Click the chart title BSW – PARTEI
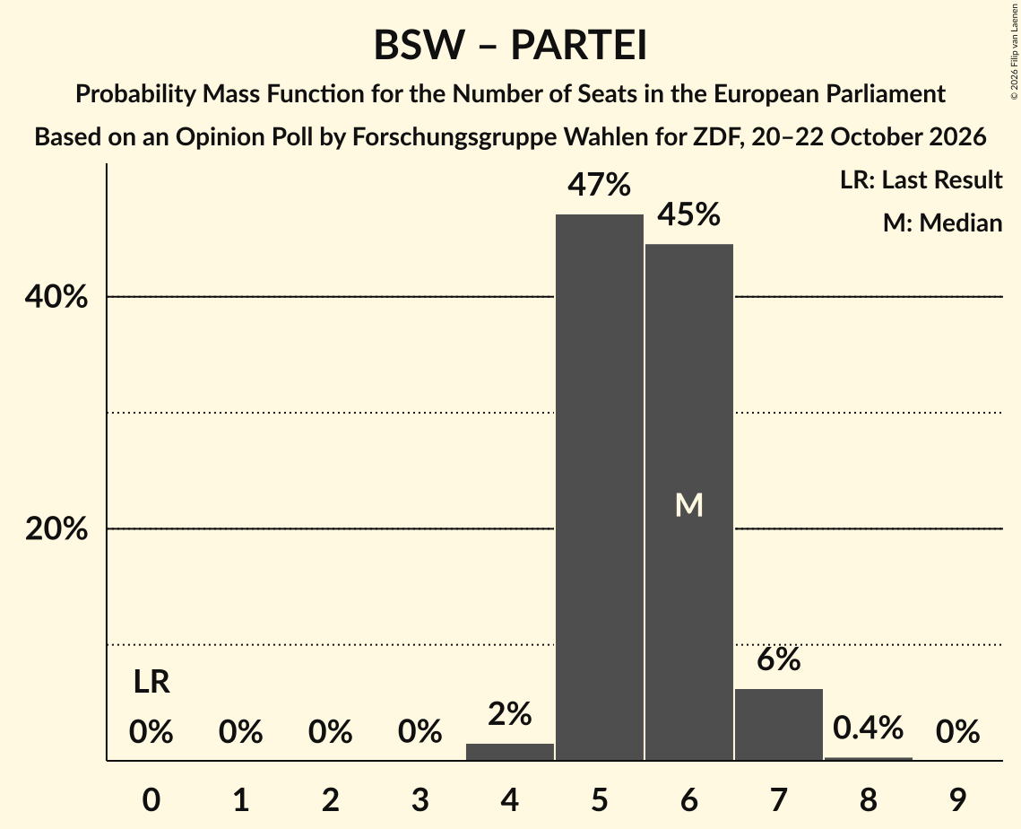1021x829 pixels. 510,45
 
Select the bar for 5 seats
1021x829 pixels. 599,487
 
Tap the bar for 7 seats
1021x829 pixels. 779,724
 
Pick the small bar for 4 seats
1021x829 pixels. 510,752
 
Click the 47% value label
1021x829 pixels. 599,185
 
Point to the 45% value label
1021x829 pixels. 689,214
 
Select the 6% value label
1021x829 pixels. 779,659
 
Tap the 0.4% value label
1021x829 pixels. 868,728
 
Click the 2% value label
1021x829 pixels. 510,713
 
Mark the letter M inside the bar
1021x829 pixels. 689,505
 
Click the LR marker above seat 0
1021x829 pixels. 151,682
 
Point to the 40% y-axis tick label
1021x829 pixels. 56,297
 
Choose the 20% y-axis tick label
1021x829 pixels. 56,528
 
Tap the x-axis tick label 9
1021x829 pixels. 957,799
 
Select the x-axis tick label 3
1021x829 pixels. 420,799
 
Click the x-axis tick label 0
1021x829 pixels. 151,799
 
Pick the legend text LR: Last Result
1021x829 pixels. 921,179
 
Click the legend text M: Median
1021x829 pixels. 942,223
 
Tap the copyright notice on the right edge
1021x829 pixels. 1014,51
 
